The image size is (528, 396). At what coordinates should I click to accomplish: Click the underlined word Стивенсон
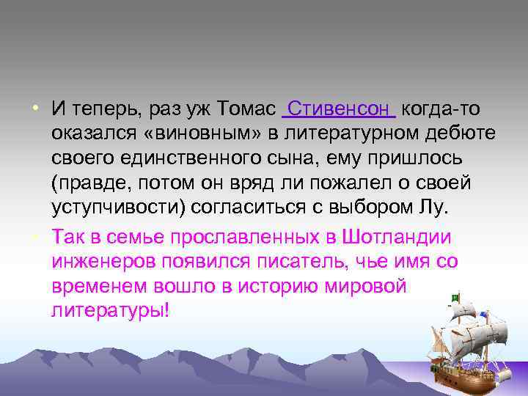(x=339, y=109)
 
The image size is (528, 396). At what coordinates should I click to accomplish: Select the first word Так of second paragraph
(x=67, y=238)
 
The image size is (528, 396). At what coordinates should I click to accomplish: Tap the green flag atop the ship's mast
(x=455, y=297)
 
